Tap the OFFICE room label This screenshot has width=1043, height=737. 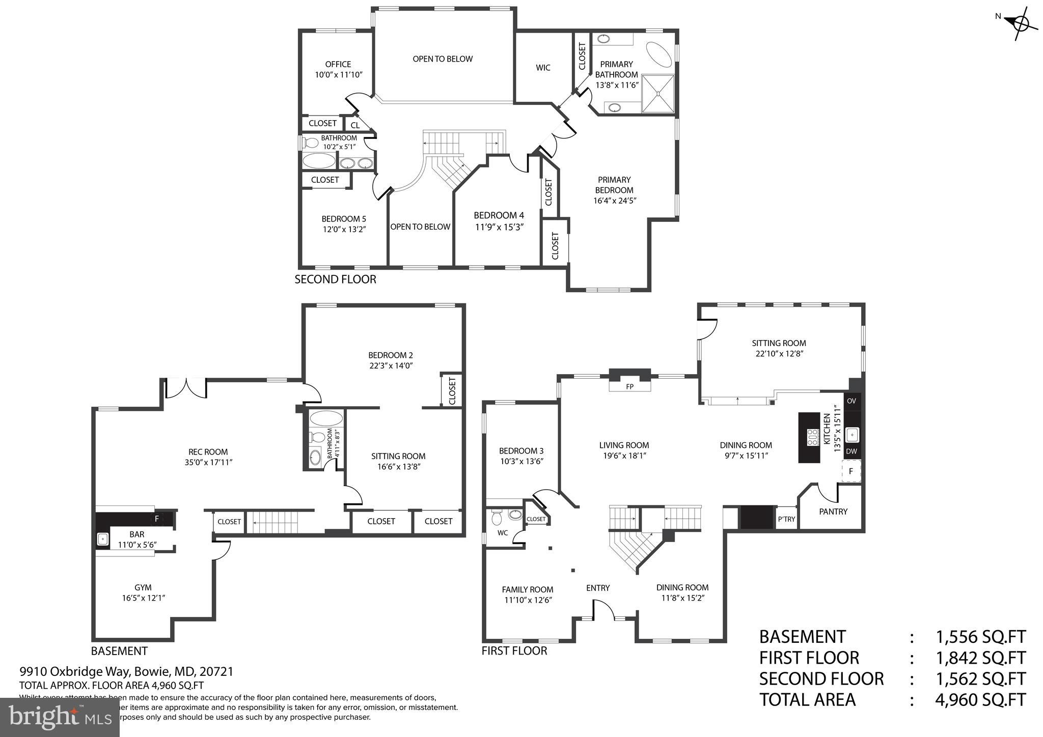pyautogui.click(x=338, y=64)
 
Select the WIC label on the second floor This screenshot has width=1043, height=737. pyautogui.click(x=543, y=68)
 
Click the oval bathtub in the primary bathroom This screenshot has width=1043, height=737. pyautogui.click(x=659, y=53)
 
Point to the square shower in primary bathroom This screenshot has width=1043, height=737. pyautogui.click(x=658, y=94)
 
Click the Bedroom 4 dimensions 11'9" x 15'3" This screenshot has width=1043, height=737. pyautogui.click(x=499, y=227)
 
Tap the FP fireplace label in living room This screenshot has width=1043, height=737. pyautogui.click(x=629, y=387)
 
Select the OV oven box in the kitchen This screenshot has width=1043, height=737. pyautogui.click(x=852, y=401)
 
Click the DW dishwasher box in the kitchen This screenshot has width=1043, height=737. pyautogui.click(x=852, y=451)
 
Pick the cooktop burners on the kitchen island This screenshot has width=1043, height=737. pyautogui.click(x=812, y=437)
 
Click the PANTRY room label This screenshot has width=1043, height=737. pyautogui.click(x=833, y=512)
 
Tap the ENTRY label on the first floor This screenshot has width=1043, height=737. pyautogui.click(x=598, y=588)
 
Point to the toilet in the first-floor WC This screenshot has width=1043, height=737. pyautogui.click(x=497, y=519)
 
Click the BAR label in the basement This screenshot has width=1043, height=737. pyautogui.click(x=137, y=534)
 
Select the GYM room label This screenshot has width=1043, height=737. pyautogui.click(x=143, y=587)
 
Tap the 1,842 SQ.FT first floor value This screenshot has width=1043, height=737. pyautogui.click(x=980, y=658)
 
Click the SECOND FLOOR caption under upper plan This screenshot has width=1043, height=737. pyautogui.click(x=336, y=279)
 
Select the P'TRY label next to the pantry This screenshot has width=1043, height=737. pyautogui.click(x=786, y=520)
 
